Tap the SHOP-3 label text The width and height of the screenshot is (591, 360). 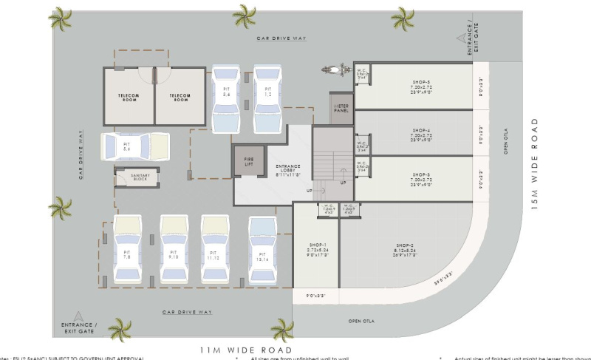421,177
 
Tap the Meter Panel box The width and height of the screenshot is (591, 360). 341,109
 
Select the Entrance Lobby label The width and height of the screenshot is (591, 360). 265,169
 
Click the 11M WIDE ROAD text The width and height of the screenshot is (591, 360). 246,349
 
